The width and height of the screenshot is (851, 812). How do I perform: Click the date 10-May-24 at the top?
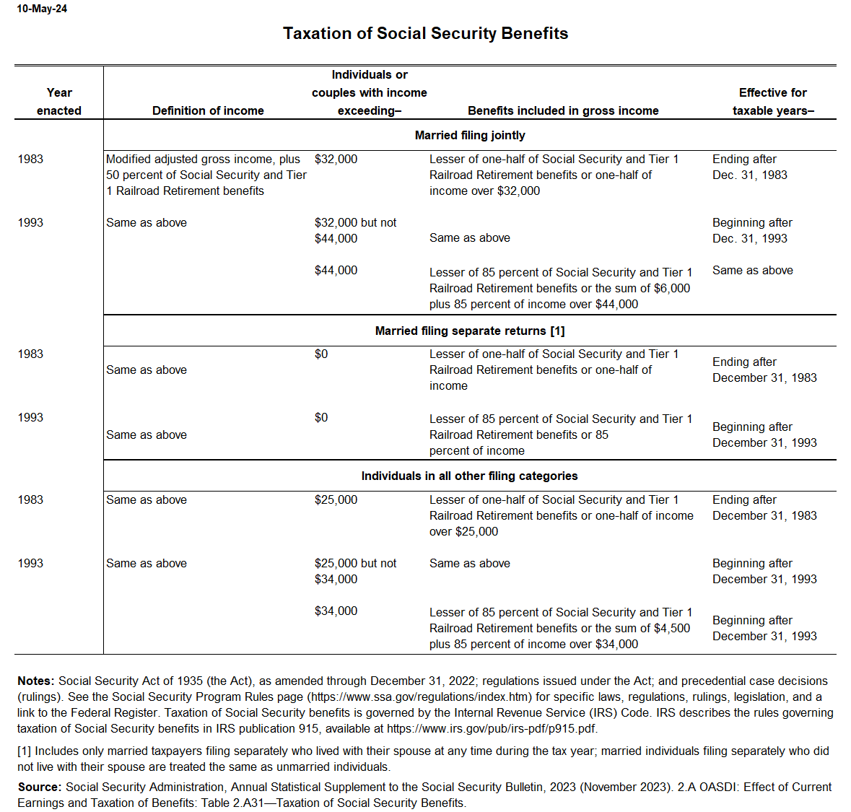pos(42,9)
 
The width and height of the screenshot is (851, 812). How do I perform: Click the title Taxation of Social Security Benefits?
pos(425,33)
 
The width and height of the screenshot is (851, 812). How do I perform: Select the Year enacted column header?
pos(59,101)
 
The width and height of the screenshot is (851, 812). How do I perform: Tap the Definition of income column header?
pos(208,110)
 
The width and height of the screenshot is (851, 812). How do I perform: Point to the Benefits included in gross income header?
pos(563,110)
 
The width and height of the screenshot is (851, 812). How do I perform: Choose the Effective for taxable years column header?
pos(773,101)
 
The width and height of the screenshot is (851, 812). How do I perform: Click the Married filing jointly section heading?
pos(470,135)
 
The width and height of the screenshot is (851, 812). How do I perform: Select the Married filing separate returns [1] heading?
pos(470,331)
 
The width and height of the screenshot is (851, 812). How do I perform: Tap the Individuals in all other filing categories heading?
pos(469,476)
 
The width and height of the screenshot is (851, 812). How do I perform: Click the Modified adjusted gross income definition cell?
pos(206,175)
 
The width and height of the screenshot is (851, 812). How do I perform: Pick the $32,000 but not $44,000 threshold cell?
pos(355,230)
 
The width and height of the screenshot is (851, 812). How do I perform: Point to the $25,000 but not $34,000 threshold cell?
pos(355,571)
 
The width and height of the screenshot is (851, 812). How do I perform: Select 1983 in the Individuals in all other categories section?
pos(30,499)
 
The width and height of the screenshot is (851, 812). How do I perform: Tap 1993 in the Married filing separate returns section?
pos(30,417)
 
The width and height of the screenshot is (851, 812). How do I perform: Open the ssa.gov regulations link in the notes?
pos(425,697)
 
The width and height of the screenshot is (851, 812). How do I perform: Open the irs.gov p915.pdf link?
pos(491,728)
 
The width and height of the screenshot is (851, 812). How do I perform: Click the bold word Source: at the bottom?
pos(40,787)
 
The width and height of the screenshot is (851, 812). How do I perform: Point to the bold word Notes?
pos(36,681)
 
